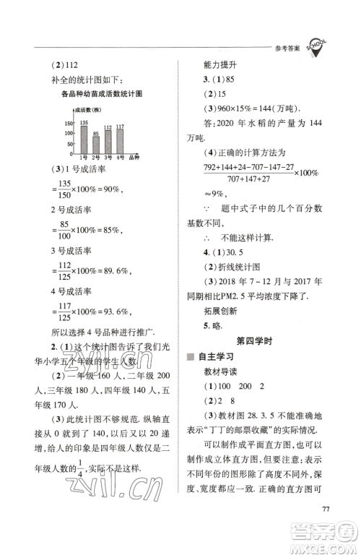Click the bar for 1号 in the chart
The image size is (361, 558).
pyautogui.click(x=84, y=139)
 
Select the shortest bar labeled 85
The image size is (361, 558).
pyautogui.click(x=96, y=145)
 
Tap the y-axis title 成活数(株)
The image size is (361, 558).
pyautogui.click(x=88, y=111)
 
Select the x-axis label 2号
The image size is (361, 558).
pyautogui.click(x=96, y=158)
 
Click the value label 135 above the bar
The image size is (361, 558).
pyautogui.click(x=84, y=121)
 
